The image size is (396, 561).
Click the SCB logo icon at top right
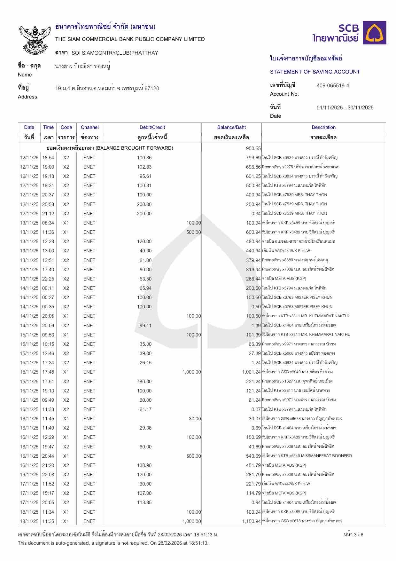(x=376, y=33)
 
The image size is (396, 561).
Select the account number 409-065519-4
(x=333, y=85)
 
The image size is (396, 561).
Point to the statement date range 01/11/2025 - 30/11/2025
(x=345, y=107)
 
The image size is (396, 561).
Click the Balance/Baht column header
(x=231, y=127)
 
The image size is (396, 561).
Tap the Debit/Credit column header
(x=152, y=127)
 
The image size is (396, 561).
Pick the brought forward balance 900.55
(x=253, y=148)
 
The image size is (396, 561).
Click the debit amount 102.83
(x=144, y=167)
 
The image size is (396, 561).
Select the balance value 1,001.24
(x=251, y=372)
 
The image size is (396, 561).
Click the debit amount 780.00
(x=144, y=381)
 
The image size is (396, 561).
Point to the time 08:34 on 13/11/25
(x=48, y=223)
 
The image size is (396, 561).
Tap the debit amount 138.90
(x=144, y=465)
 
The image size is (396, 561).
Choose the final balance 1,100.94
(x=251, y=521)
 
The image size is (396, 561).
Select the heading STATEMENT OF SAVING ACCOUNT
(x=315, y=72)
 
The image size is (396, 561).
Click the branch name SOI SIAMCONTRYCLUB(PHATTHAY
(x=115, y=53)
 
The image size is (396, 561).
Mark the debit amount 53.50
(x=145, y=279)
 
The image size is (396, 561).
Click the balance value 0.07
(x=256, y=409)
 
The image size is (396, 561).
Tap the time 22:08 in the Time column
(x=48, y=474)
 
